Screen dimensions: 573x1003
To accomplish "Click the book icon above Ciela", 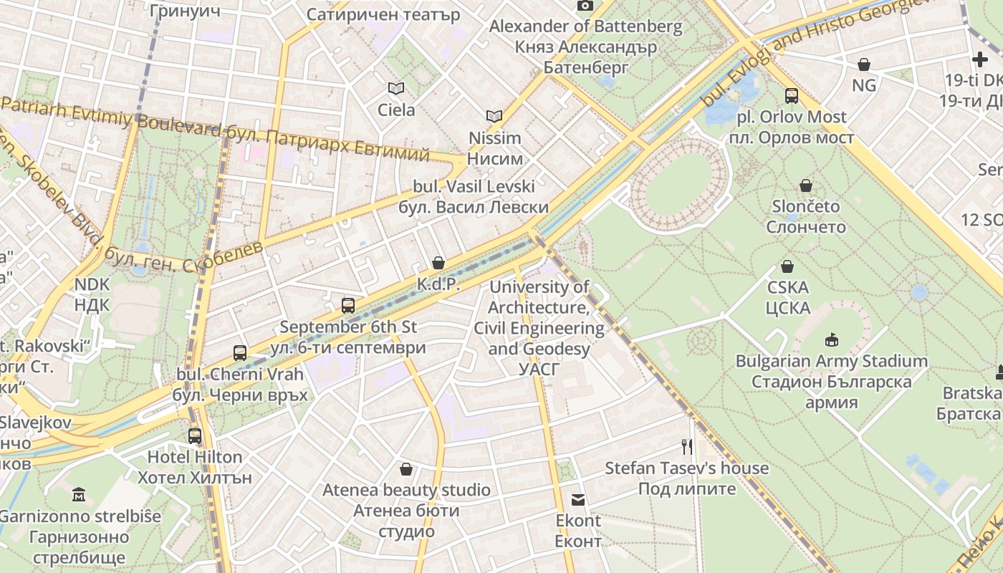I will [395, 88].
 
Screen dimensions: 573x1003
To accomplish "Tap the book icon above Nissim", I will [494, 116].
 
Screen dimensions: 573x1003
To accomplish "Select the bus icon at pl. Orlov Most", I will [792, 95].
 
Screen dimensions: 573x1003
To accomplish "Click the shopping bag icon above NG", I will [864, 64].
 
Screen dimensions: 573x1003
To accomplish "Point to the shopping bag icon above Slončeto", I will [806, 186].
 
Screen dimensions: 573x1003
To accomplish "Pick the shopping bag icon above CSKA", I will [787, 266].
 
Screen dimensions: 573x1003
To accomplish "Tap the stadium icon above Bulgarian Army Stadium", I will [831, 340].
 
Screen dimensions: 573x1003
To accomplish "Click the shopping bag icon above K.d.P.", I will [438, 263].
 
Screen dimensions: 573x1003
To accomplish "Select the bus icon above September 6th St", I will [348, 306].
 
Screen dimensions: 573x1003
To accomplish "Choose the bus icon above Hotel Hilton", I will [195, 435].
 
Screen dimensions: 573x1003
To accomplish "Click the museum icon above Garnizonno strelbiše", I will [79, 494].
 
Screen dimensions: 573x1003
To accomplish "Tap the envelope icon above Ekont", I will [578, 499].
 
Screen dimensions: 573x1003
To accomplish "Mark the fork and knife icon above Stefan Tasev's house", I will [687, 447].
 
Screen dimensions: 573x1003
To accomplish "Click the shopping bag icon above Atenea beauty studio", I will [406, 469].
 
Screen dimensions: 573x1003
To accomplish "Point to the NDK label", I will [92, 294].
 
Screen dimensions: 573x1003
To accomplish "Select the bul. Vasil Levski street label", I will [474, 197].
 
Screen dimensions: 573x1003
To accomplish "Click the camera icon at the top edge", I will [585, 6].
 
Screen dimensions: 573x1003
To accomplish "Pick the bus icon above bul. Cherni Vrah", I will [240, 352].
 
